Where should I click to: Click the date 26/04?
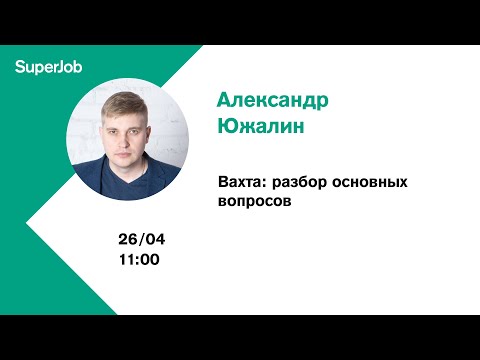pos(140,241)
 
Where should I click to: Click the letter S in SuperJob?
pos(20,67)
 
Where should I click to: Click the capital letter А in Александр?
pos(225,103)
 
